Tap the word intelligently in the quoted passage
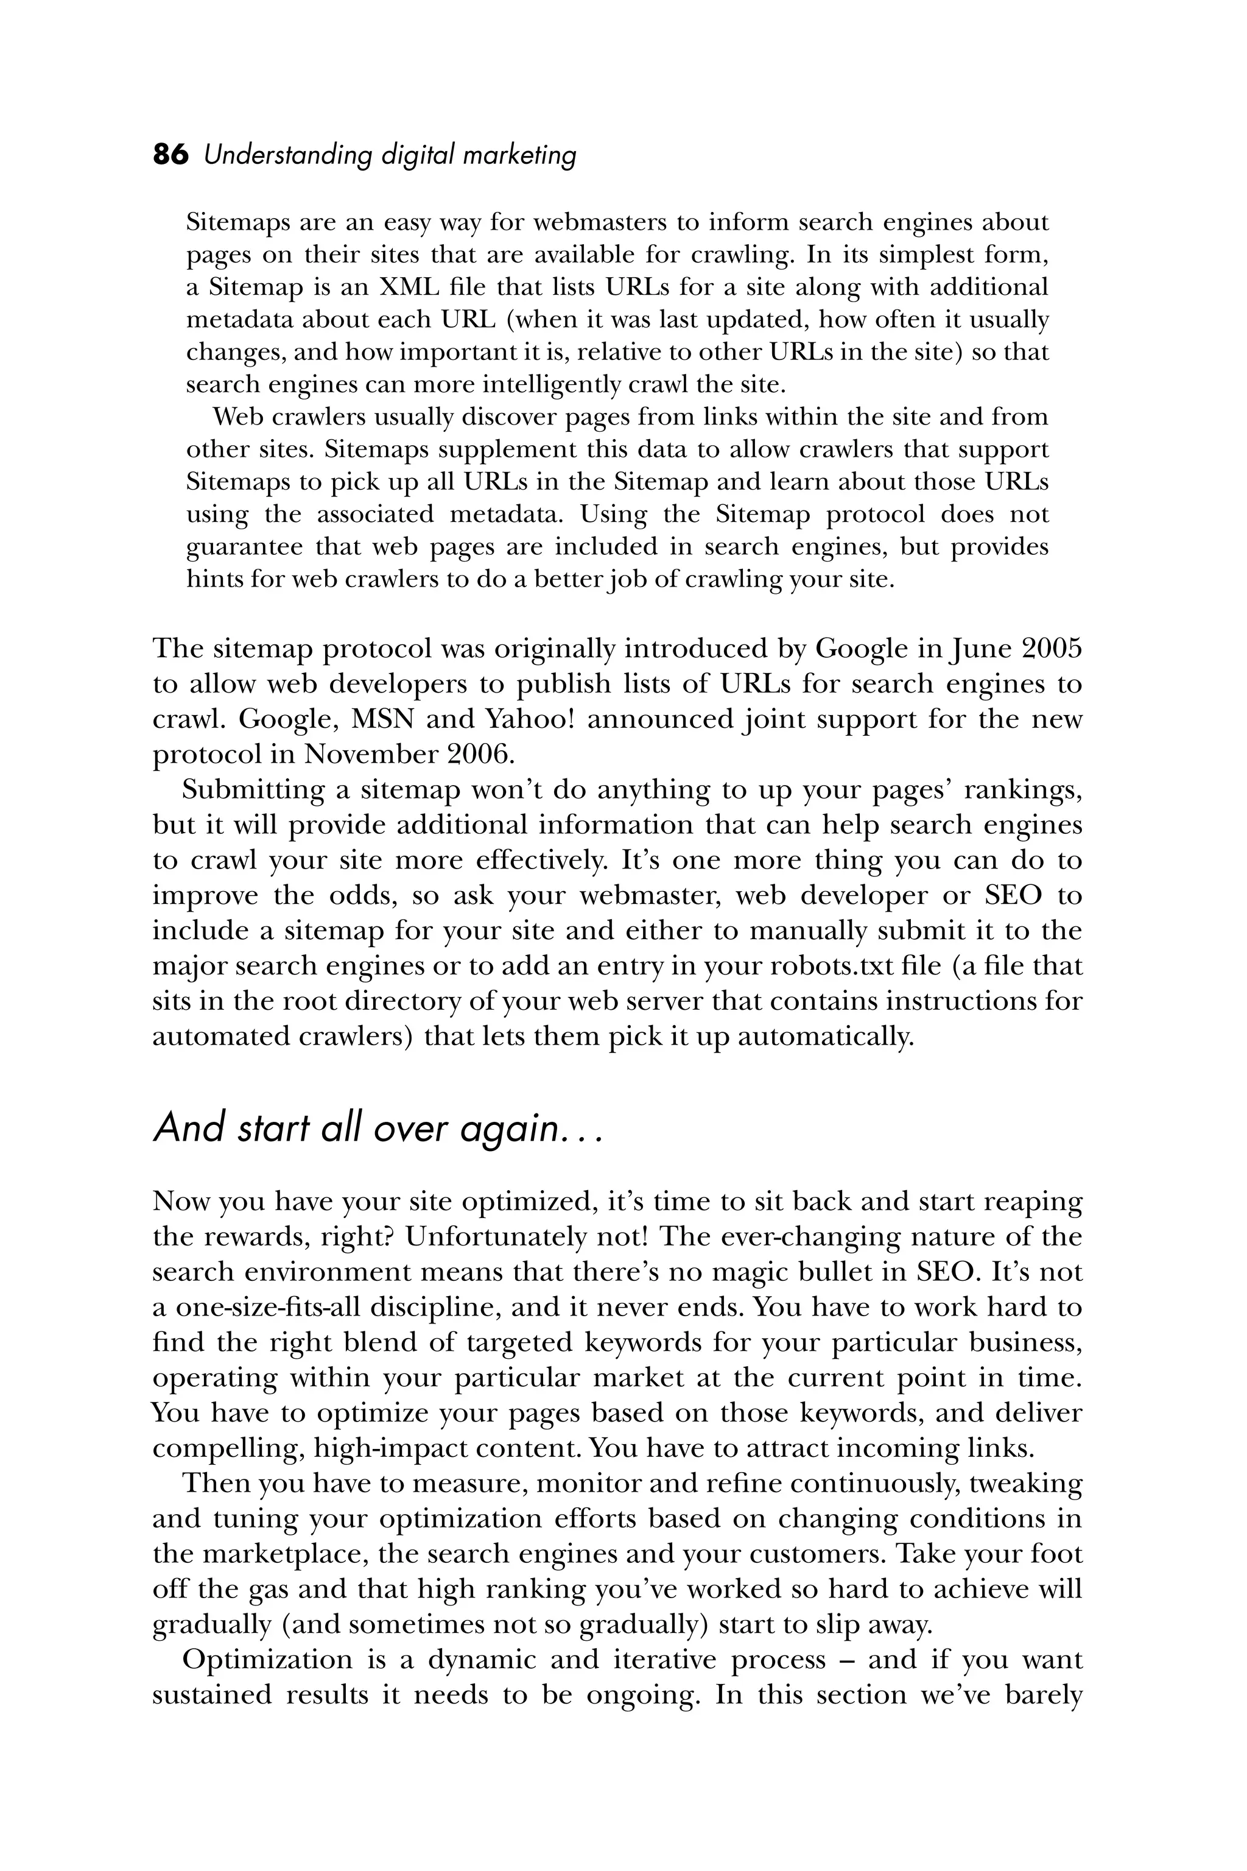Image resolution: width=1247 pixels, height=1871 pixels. pyautogui.click(x=553, y=385)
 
